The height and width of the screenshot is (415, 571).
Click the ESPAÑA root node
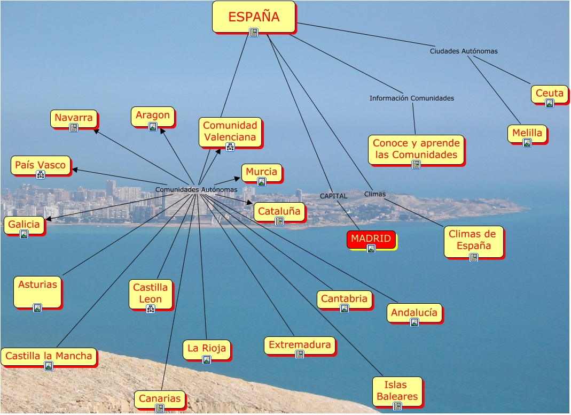(x=254, y=17)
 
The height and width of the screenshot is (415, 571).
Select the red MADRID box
(x=371, y=239)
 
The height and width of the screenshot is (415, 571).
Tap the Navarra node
(x=74, y=118)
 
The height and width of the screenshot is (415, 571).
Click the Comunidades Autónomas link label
(x=196, y=190)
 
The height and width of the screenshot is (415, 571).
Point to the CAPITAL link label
(x=333, y=196)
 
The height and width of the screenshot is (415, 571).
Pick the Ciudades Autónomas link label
(x=464, y=51)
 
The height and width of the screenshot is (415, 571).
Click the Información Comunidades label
(x=411, y=98)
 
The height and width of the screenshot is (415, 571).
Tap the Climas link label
(x=374, y=194)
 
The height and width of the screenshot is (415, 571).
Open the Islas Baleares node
(x=397, y=391)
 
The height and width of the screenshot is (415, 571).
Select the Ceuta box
(x=549, y=94)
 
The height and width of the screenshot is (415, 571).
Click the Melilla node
(x=527, y=133)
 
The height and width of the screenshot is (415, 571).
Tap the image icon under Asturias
(x=37, y=308)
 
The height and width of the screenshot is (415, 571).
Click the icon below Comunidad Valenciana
(x=230, y=147)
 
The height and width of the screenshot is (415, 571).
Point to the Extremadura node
(x=300, y=345)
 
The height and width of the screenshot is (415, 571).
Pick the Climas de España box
(x=473, y=241)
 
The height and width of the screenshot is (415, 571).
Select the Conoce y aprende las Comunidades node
(x=416, y=149)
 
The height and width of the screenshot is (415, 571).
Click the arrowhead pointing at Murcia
(x=238, y=178)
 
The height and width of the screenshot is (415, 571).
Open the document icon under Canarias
(x=159, y=409)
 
